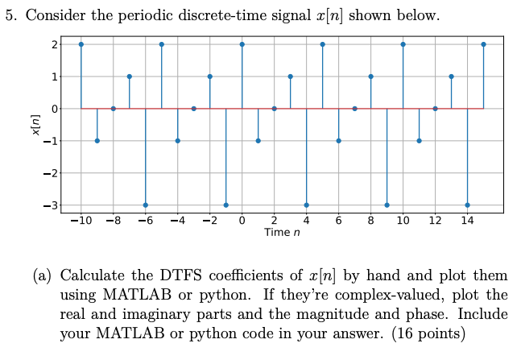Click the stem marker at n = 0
(x=242, y=44)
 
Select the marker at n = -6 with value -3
(x=145, y=205)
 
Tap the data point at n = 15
(x=483, y=44)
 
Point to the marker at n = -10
(x=81, y=44)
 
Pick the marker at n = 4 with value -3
(x=306, y=205)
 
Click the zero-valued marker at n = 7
(x=354, y=109)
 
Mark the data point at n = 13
(x=451, y=77)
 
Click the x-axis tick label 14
(x=467, y=221)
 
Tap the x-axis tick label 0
(x=242, y=221)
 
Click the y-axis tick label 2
(x=53, y=45)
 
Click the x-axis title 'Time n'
(x=282, y=233)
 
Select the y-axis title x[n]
(x=32, y=125)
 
